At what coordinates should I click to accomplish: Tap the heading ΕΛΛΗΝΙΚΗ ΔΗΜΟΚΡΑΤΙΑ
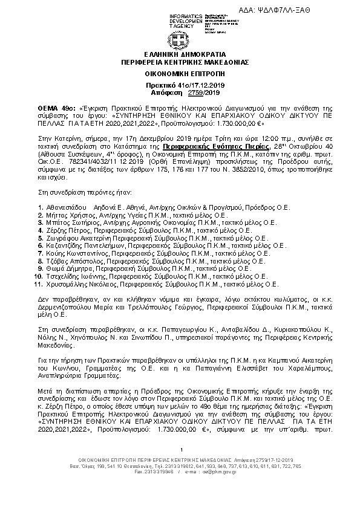[180, 54]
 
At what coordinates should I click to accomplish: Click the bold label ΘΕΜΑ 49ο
[54, 106]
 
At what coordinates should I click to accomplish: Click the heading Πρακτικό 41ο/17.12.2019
[180, 86]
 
